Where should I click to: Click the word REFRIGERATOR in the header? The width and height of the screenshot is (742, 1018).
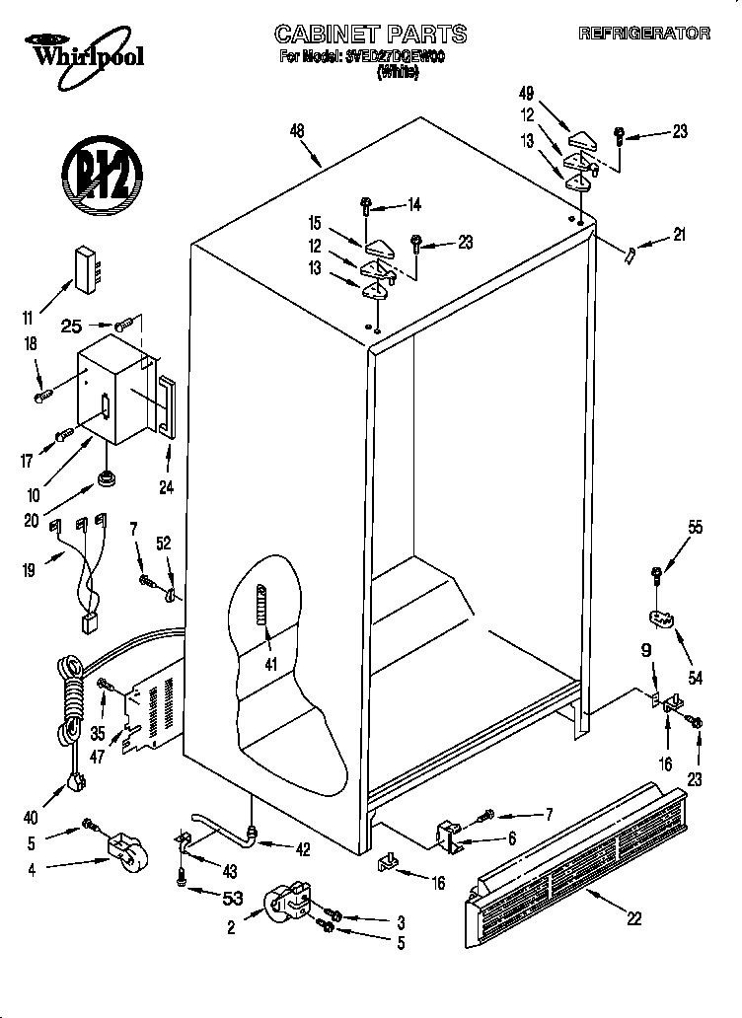point(643,33)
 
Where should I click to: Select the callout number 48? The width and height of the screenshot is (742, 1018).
point(299,130)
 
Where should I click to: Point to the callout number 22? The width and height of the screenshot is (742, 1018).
point(633,917)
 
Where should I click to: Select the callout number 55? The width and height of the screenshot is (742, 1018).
point(696,528)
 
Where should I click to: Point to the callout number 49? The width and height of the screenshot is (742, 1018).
point(527,94)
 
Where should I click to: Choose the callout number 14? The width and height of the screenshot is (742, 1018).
point(414,205)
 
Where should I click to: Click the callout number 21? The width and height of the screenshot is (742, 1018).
point(678,235)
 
